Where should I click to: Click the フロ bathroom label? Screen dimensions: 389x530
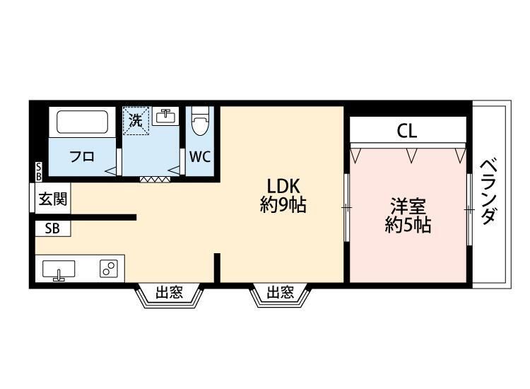(82, 157)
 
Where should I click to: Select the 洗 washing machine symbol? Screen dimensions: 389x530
(135, 120)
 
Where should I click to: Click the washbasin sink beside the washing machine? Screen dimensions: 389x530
(167, 116)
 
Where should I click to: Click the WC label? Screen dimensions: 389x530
(200, 157)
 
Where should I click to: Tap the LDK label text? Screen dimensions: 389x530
(283, 187)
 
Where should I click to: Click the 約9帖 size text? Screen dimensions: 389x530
(283, 207)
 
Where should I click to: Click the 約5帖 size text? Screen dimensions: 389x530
(408, 226)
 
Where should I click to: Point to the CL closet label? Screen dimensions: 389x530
(406, 131)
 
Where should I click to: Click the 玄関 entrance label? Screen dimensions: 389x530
(53, 199)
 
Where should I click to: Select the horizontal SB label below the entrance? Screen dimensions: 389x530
(52, 228)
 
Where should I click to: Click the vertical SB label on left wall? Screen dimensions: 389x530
(38, 170)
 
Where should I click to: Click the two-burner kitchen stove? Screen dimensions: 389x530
(108, 269)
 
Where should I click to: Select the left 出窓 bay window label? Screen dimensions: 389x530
(170, 293)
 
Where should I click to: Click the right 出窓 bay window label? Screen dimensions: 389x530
(281, 293)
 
